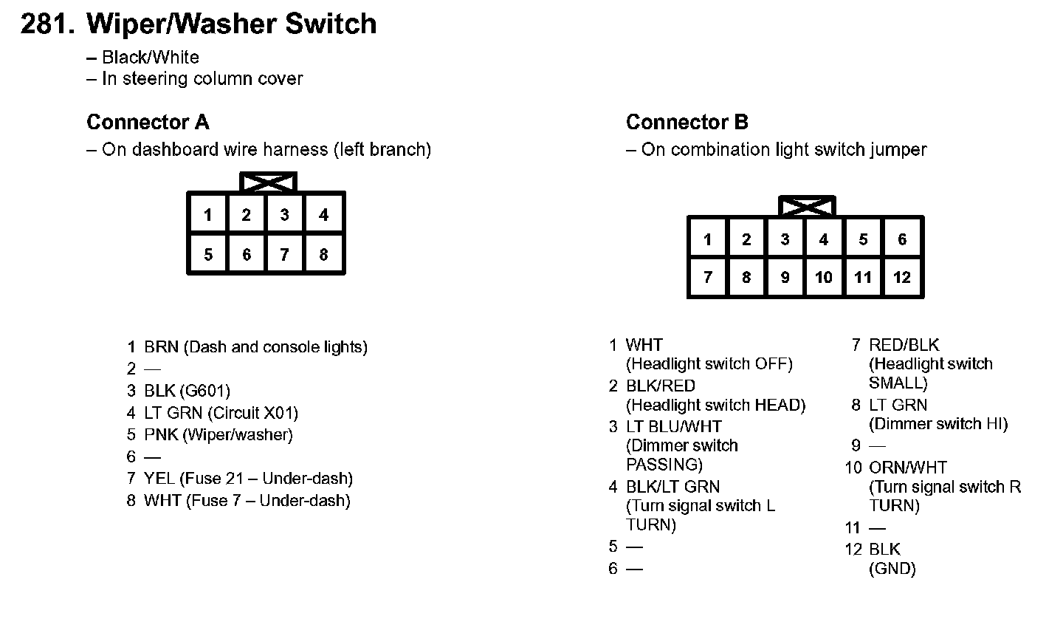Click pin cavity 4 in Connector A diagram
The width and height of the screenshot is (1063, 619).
[323, 215]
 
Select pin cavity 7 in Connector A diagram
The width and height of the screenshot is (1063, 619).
[284, 255]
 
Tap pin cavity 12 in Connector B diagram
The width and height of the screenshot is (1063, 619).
[902, 278]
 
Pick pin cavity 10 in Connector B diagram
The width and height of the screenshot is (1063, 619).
[824, 278]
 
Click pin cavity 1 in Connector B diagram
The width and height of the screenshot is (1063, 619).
[707, 239]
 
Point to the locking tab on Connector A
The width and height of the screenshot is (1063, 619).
[268, 182]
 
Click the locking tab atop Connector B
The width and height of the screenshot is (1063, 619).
[807, 205]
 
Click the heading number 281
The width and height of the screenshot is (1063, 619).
[48, 24]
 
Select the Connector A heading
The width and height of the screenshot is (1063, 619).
[148, 122]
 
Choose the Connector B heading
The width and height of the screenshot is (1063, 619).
[687, 122]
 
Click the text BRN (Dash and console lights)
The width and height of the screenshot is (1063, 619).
[255, 347]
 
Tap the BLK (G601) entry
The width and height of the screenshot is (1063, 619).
[187, 391]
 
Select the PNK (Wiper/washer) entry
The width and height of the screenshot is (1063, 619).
[218, 435]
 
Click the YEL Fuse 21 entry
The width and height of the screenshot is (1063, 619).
[248, 479]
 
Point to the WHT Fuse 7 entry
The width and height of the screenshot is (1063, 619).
[247, 501]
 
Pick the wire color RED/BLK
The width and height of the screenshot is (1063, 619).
[904, 345]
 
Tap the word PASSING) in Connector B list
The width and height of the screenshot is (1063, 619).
[664, 465]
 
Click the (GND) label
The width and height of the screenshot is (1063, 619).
[892, 569]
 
